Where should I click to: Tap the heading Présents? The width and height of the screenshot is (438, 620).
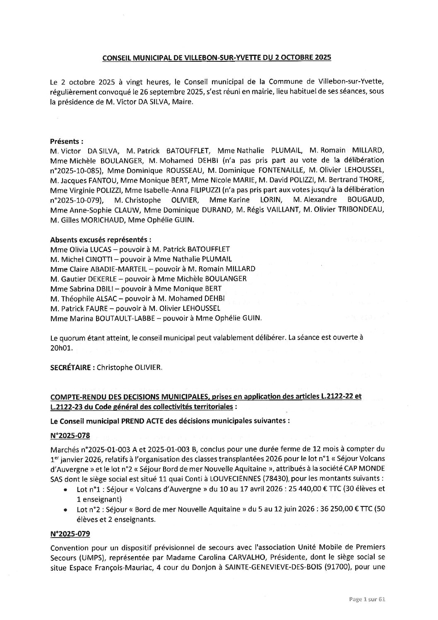pos(66,141)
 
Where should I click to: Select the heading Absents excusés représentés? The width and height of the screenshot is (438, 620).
pos(100,240)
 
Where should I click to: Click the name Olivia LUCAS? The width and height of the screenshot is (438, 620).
pos(88,249)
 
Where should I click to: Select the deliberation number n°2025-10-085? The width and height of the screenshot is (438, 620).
pos(72,170)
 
